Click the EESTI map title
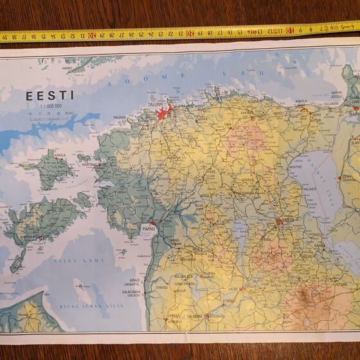(50, 96)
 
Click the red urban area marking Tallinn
(163, 113)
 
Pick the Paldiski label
(120, 118)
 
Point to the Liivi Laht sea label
(87, 261)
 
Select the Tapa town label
(228, 125)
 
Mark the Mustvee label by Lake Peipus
(295, 166)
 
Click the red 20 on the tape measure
(190, 32)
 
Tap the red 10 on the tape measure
(290, 30)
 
